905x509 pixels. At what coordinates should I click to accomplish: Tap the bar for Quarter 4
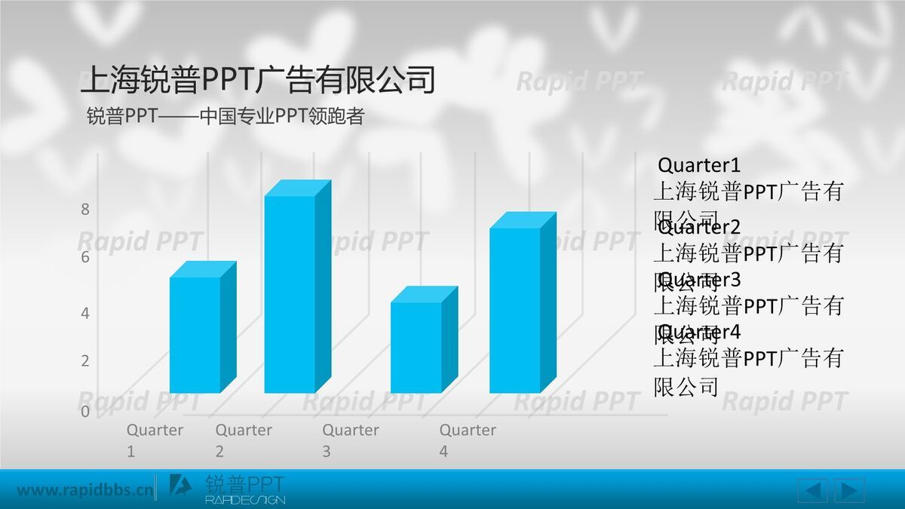point(515,309)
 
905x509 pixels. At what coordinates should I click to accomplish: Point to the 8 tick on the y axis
point(85,210)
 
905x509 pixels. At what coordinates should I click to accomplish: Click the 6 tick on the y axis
point(85,257)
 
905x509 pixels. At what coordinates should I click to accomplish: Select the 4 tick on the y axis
point(85,313)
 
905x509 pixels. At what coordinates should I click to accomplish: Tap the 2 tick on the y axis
point(85,361)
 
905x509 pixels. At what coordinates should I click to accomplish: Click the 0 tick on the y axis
point(85,412)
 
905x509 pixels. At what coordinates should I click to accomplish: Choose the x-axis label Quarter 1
point(154,440)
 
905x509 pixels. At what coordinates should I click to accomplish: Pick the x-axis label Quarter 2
point(243,440)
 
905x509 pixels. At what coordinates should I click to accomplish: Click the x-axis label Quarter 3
point(350,440)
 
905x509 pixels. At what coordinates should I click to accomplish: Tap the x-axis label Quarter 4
point(468,440)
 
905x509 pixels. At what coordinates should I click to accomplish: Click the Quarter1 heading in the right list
point(699,165)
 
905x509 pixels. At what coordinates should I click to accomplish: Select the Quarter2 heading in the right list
point(699,227)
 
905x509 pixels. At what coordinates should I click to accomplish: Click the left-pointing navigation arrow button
point(812,491)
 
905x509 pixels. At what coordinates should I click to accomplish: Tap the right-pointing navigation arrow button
point(849,491)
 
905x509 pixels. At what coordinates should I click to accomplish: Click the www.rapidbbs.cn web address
point(84,491)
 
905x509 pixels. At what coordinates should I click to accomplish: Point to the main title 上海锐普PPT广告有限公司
point(258,80)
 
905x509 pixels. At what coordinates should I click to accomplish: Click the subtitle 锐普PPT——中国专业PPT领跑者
point(225,117)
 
